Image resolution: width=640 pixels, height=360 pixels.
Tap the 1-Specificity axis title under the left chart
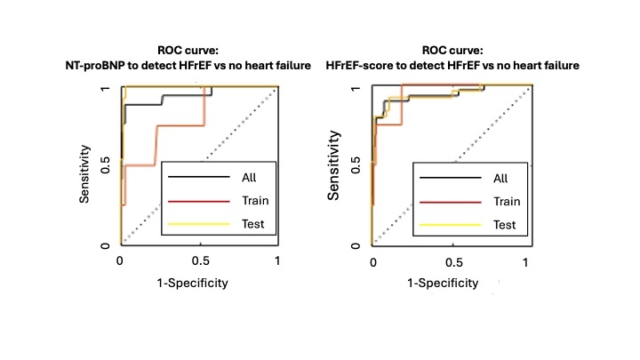193,284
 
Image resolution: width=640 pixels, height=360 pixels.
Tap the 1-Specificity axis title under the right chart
443,284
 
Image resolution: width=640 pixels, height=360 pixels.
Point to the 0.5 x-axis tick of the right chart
451,262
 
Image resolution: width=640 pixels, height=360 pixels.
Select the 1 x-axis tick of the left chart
277,262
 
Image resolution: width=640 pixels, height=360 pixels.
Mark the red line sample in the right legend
436,201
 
